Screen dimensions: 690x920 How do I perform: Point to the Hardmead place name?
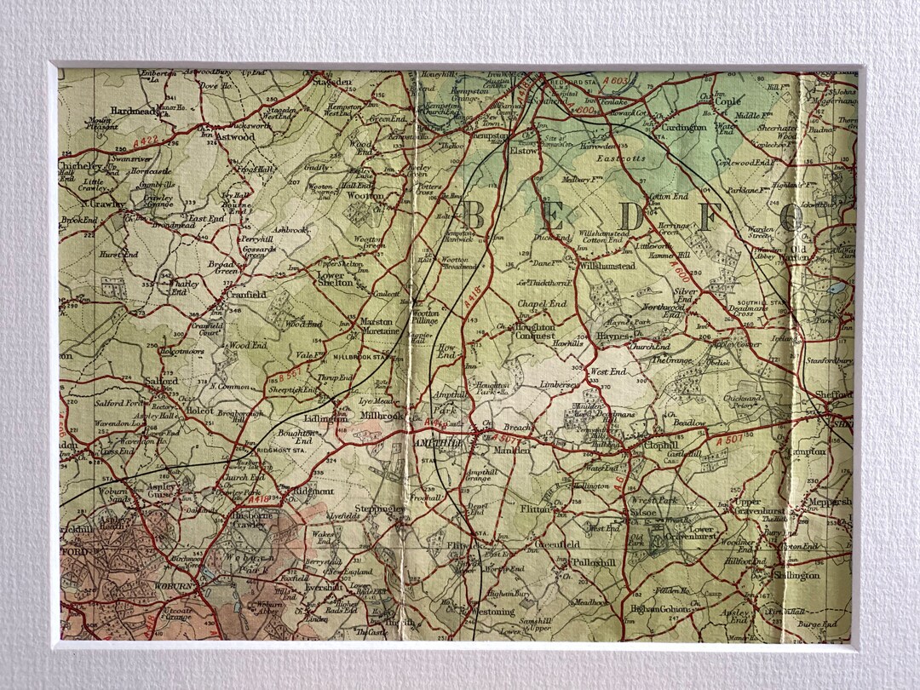(134, 111)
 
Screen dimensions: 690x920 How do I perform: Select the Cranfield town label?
(246, 295)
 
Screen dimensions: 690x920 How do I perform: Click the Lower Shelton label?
(335, 279)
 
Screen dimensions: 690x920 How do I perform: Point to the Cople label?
(727, 101)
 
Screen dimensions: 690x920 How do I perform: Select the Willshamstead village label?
(607, 267)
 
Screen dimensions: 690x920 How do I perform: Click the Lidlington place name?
(325, 419)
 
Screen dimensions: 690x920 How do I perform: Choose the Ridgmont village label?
(311, 492)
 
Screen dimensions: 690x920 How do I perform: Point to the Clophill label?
(661, 445)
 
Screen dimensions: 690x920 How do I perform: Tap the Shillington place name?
(796, 576)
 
